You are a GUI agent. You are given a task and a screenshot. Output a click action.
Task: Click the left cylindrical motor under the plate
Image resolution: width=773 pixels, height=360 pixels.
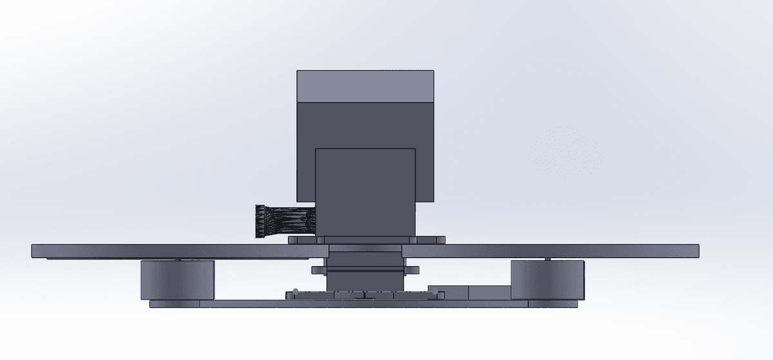click(x=177, y=279)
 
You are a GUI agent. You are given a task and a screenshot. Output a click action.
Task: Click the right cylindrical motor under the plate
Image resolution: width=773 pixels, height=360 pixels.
click(x=548, y=279)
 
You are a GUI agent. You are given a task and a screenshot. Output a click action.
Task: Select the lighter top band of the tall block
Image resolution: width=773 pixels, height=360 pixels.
click(x=365, y=86)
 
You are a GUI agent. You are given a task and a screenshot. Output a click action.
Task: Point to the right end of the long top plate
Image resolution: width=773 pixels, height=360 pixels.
click(x=693, y=251)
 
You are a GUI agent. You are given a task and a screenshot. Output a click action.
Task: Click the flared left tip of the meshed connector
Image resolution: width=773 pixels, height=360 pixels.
click(x=260, y=221)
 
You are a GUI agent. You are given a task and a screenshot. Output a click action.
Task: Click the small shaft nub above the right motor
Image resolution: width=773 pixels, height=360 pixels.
click(x=547, y=259)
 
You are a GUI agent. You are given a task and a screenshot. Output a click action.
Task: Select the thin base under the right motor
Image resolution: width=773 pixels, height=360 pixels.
click(x=548, y=303)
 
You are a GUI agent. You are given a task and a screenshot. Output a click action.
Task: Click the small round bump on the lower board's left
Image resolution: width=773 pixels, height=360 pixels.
click(x=295, y=290)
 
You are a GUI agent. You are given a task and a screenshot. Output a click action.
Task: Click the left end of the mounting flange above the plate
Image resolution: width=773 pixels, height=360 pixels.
click(x=294, y=240)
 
